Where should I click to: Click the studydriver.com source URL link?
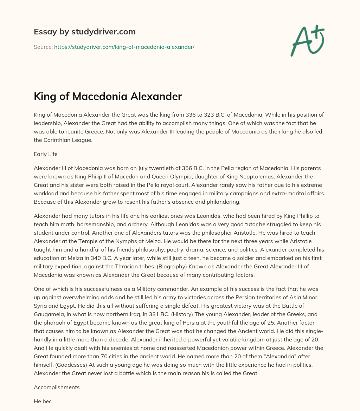124,47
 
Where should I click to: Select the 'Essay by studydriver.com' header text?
84,32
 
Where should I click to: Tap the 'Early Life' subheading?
45,154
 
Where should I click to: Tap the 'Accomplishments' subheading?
57,387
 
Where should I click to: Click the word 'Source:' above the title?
43,47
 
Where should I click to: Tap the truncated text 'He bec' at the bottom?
43,401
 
